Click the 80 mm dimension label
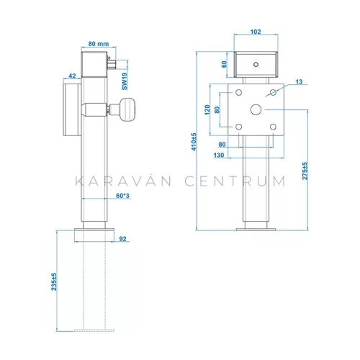point(99,44)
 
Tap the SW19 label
point(125,81)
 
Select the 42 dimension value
point(72,76)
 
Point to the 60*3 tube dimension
point(122,196)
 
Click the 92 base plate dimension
point(122,239)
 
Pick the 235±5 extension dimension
point(54,282)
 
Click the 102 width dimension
point(256,32)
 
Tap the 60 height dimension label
point(224,64)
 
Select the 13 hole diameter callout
point(299,82)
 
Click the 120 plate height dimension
point(207,110)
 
